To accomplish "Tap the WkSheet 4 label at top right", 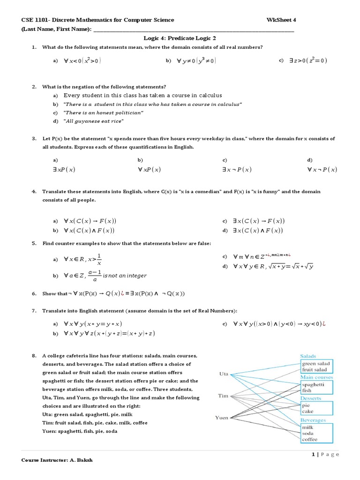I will click(x=281, y=20).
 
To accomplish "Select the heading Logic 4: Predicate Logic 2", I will click(x=180, y=38).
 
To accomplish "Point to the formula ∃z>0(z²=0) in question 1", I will click(x=308, y=60).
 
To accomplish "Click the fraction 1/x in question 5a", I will click(x=99, y=259).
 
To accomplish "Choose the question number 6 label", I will click(x=34, y=293).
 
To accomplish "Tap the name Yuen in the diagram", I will click(x=221, y=417).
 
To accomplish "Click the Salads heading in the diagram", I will click(x=308, y=356).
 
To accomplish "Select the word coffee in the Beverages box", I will click(x=309, y=439).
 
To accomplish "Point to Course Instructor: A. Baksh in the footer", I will click(x=57, y=460).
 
